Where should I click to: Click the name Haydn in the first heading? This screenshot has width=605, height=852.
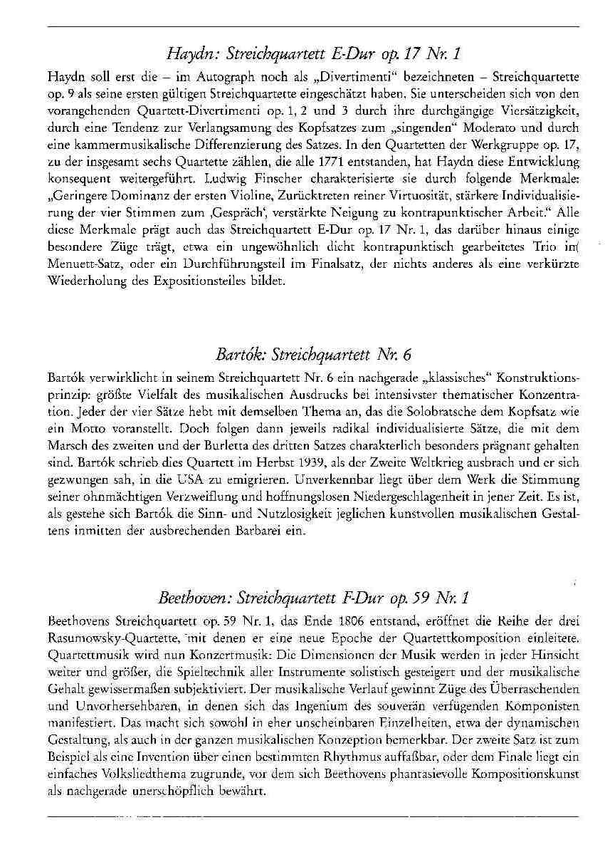click(186, 54)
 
